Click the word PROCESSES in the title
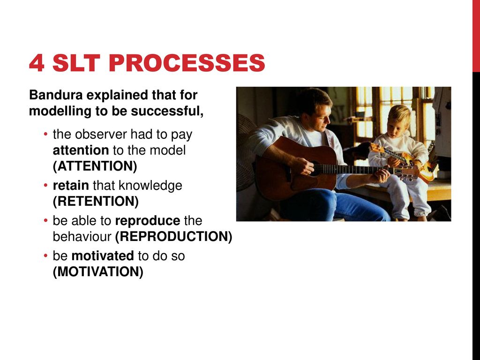pos(187,63)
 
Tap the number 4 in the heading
pos(37,63)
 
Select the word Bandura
pos(56,95)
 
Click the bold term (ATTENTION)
pos(95,166)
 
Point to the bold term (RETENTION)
pos(96,202)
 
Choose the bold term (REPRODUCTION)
pos(173,237)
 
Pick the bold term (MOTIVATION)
pos(98,272)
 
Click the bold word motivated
pos(103,256)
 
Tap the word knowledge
pos(150,186)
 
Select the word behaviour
pos(82,237)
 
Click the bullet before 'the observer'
pos(45,134)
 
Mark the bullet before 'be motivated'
pos(45,255)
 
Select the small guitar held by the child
pos(404,161)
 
